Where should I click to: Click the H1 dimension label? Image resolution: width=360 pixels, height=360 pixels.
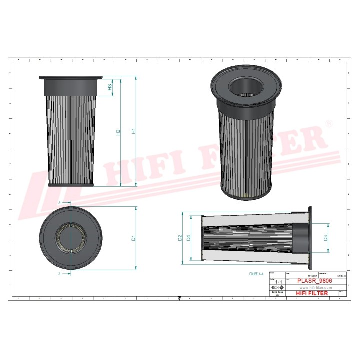[x=133, y=131]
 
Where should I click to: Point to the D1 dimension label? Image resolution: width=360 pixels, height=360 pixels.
[x=133, y=239]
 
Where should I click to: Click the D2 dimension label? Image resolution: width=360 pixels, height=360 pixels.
[x=180, y=238]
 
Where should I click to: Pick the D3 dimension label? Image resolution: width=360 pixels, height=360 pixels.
[x=326, y=238]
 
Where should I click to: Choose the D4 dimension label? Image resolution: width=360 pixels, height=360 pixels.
[x=188, y=238]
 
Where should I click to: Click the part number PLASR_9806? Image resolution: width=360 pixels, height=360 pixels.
[x=315, y=281]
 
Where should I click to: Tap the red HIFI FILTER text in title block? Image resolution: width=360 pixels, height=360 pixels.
[x=312, y=293]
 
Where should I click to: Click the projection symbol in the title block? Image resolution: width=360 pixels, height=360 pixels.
[x=276, y=288]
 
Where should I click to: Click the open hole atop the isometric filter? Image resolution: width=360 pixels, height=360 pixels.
[x=244, y=87]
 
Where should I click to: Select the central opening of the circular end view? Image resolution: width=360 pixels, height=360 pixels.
[x=71, y=238]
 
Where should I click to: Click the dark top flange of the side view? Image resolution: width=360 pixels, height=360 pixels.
[x=71, y=85]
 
